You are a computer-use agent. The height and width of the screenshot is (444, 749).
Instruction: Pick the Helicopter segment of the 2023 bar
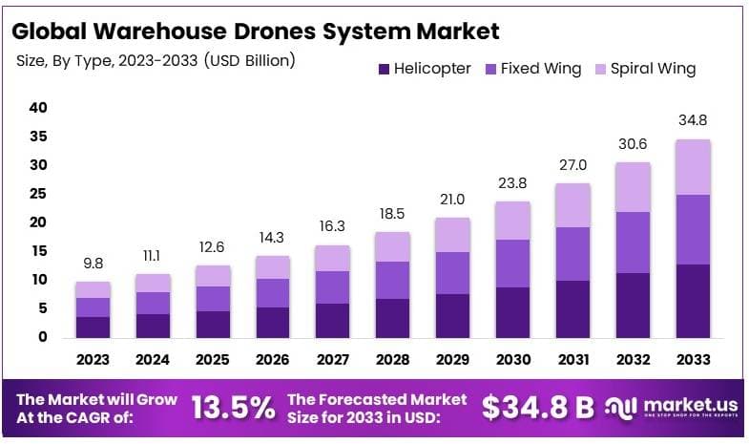[x=93, y=327]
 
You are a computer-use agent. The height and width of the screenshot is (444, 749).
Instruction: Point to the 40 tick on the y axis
[x=38, y=108]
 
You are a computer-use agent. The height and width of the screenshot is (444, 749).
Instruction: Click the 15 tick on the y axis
[x=38, y=251]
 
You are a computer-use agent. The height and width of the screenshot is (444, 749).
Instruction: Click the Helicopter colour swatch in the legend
[x=385, y=69]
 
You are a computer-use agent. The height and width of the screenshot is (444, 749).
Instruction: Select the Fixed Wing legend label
[x=536, y=69]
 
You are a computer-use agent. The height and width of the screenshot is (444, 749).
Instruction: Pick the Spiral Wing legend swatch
[x=601, y=69]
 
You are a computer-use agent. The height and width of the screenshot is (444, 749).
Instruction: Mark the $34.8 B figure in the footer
[x=537, y=408]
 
